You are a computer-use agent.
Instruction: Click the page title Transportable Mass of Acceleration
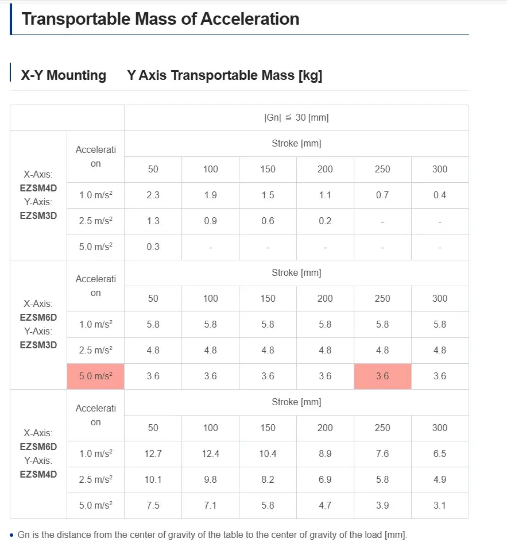coord(160,18)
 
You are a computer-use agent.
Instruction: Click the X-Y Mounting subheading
coord(63,75)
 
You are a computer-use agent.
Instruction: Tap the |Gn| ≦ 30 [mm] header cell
coord(296,118)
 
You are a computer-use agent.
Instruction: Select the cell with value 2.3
coord(153,195)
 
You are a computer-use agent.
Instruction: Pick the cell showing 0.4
coord(440,195)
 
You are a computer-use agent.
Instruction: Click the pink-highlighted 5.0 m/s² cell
coord(96,376)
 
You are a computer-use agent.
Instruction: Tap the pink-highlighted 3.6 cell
coord(382,376)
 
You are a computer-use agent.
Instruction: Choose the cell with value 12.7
coord(153,454)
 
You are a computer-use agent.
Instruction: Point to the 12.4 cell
coord(210,454)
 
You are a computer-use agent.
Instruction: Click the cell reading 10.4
coord(268,454)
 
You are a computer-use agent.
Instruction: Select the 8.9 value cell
coord(325,454)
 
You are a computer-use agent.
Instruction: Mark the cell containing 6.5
coord(440,454)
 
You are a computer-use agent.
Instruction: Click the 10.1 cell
coord(153,480)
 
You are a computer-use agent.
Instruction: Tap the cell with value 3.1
coord(440,506)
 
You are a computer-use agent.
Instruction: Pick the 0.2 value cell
coord(325,221)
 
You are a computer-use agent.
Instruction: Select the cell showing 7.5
coord(153,506)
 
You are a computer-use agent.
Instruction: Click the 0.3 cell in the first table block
coord(153,247)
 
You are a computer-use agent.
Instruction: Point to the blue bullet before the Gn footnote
coord(12,535)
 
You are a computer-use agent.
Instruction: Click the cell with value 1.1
coord(325,195)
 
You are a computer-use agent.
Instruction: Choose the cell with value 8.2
coord(268,480)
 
